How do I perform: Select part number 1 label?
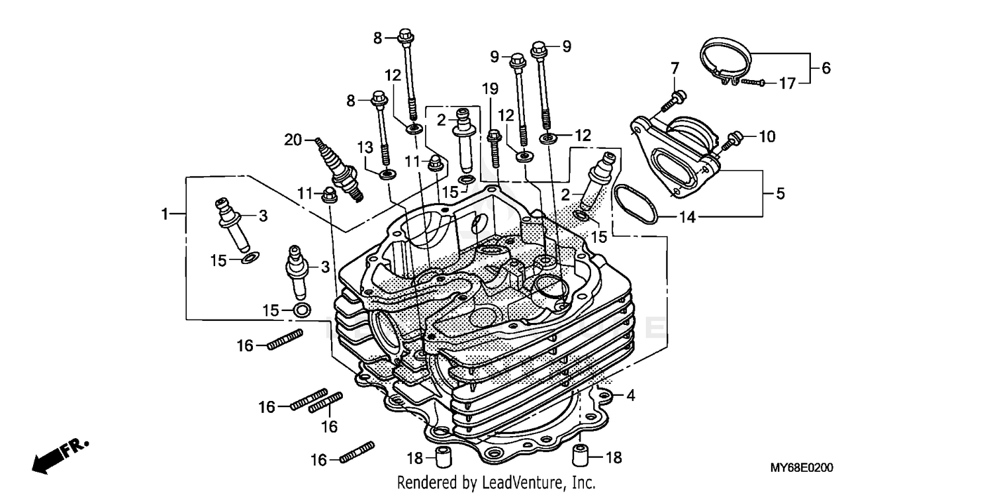pyautogui.click(x=164, y=214)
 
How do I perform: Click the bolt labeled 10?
pyautogui.click(x=732, y=139)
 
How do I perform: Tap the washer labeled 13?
pyautogui.click(x=387, y=174)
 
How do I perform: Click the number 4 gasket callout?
pyautogui.click(x=631, y=396)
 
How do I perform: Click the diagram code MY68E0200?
pyautogui.click(x=801, y=468)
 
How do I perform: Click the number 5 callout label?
pyautogui.click(x=780, y=194)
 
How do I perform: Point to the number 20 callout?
pyautogui.click(x=293, y=140)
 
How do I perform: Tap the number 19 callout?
pyautogui.click(x=489, y=89)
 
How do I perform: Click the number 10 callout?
pyautogui.click(x=766, y=137)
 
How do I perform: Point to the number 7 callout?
pyautogui.click(x=675, y=67)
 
